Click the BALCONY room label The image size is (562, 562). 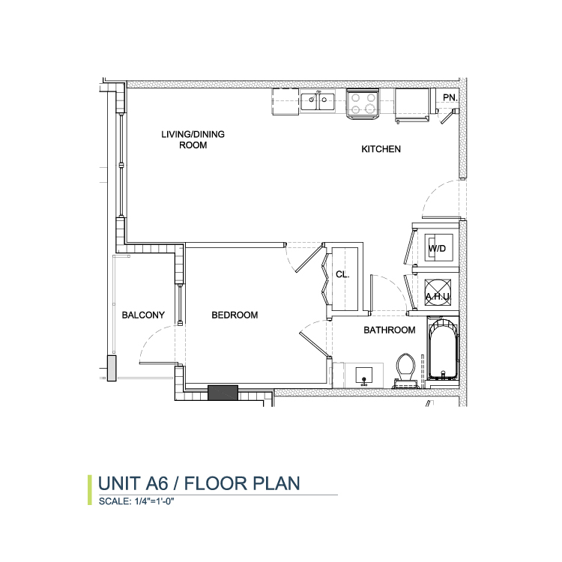tap(143, 315)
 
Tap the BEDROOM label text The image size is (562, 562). tap(235, 315)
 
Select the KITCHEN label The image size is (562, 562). tap(381, 149)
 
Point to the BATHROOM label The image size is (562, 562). tap(390, 330)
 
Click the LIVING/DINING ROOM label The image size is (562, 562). tap(193, 140)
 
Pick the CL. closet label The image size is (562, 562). tap(342, 274)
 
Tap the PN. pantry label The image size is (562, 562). tap(450, 97)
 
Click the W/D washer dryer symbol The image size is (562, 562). tap(438, 248)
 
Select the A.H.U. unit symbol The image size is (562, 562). tap(438, 292)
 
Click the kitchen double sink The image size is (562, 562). tap(318, 101)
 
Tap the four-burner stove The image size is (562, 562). tap(363, 104)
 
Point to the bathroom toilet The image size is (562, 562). tap(405, 371)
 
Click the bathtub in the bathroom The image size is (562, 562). tap(443, 349)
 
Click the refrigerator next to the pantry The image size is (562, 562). tap(412, 106)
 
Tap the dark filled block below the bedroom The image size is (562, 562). tap(223, 393)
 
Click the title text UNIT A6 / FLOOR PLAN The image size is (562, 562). tap(199, 483)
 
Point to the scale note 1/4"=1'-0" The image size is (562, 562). tap(154, 501)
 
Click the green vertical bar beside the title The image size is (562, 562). tap(90, 490)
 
